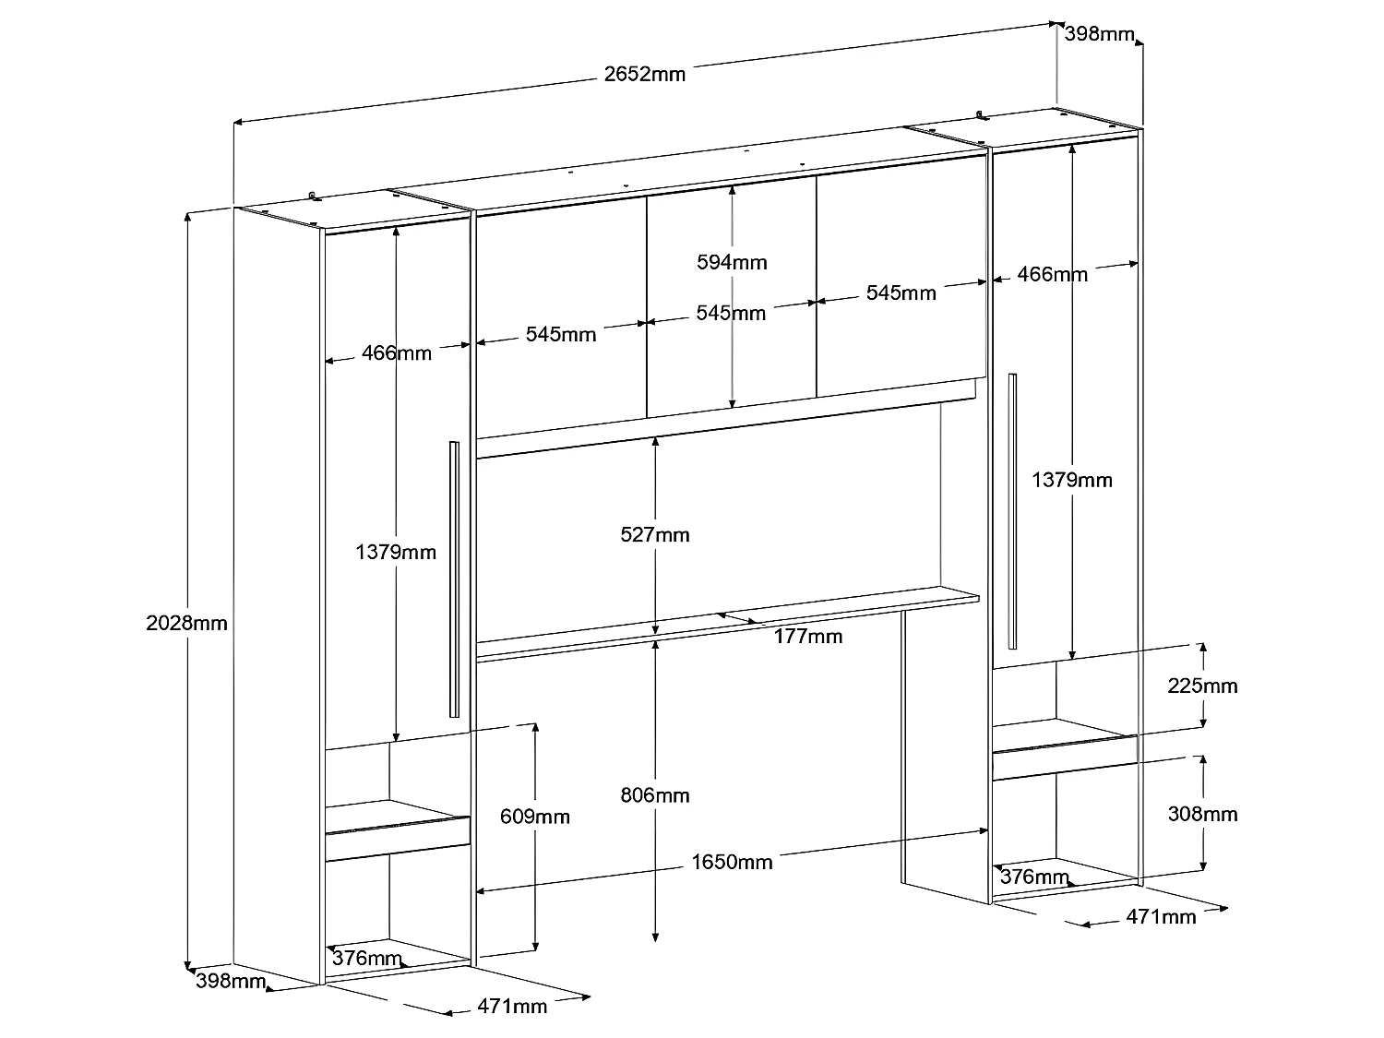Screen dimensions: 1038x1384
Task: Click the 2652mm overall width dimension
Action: (x=645, y=74)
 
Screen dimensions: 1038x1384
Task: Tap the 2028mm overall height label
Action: (x=186, y=623)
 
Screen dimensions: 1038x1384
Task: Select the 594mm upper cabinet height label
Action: (x=732, y=262)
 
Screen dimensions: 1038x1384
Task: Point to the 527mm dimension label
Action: (x=655, y=534)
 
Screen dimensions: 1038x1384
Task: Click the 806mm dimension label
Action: (x=655, y=794)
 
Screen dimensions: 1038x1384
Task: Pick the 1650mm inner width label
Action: (x=732, y=862)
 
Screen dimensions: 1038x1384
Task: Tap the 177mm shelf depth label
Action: (x=808, y=636)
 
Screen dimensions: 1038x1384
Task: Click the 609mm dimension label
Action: (x=535, y=816)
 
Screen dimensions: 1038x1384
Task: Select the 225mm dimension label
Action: (x=1203, y=686)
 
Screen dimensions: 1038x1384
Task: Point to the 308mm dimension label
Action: (x=1203, y=814)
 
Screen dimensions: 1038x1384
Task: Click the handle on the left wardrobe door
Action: (x=454, y=579)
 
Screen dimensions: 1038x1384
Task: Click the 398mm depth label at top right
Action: (x=1099, y=34)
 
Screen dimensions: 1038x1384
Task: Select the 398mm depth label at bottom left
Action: (x=231, y=981)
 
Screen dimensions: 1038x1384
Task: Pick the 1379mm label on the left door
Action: (x=396, y=552)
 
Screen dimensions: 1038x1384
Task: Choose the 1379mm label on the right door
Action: (x=1072, y=480)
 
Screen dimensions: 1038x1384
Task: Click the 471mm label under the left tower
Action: (x=512, y=1005)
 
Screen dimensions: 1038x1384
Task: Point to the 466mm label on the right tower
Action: (x=1052, y=274)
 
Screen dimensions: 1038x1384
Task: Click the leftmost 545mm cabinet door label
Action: (x=561, y=334)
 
